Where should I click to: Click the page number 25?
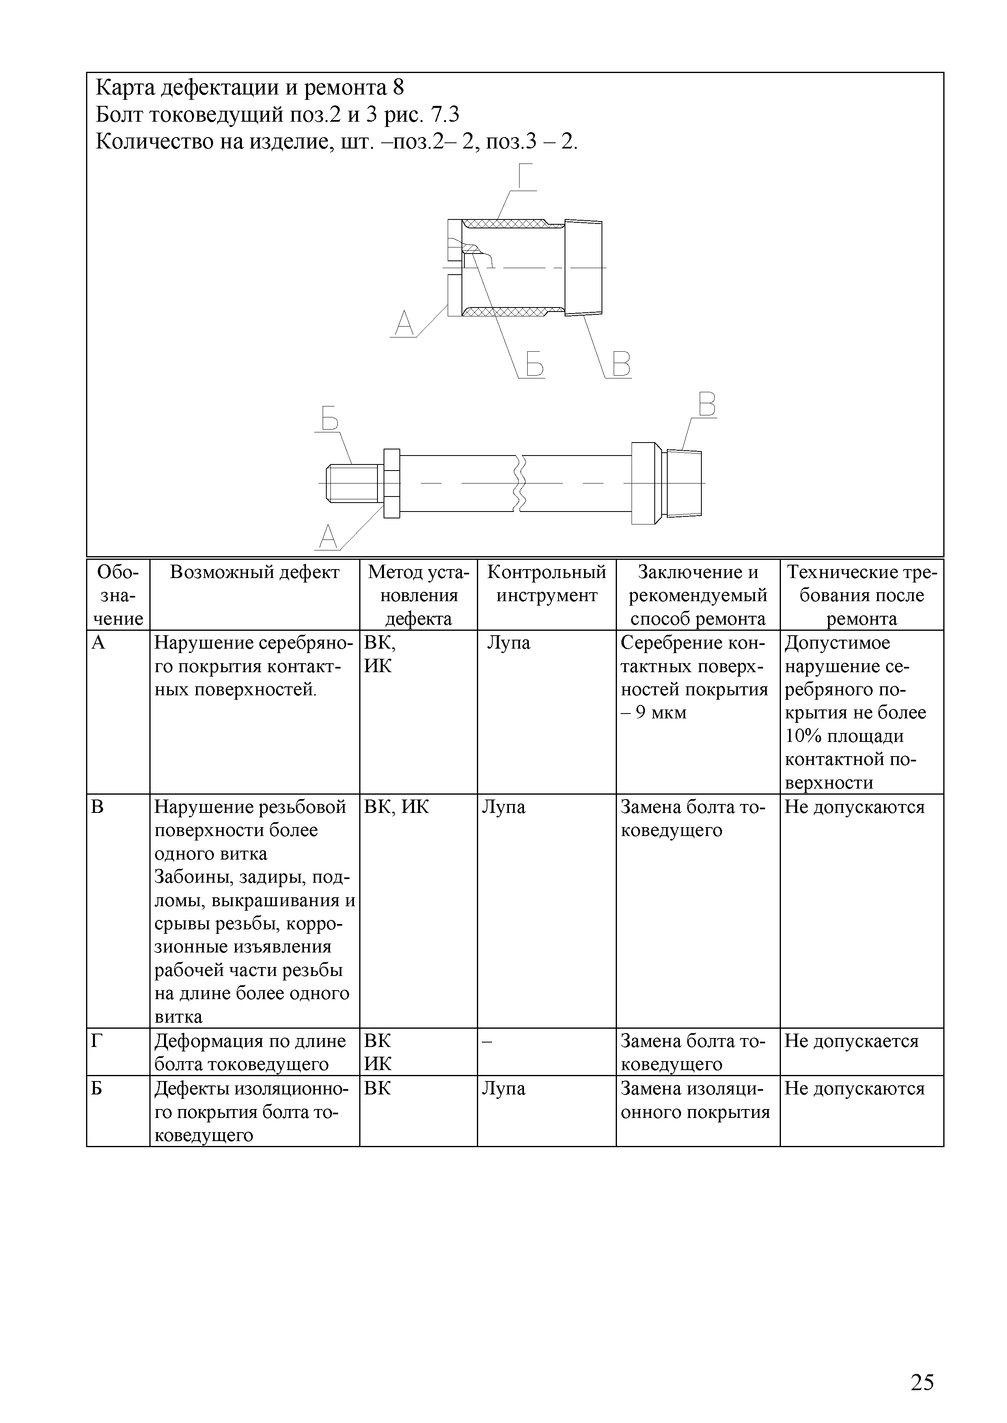[x=922, y=1382]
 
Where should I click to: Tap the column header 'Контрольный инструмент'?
[x=546, y=583]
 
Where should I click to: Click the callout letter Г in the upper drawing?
[x=524, y=176]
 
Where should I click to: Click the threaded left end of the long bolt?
[x=351, y=483]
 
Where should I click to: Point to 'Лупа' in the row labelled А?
[x=509, y=643]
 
